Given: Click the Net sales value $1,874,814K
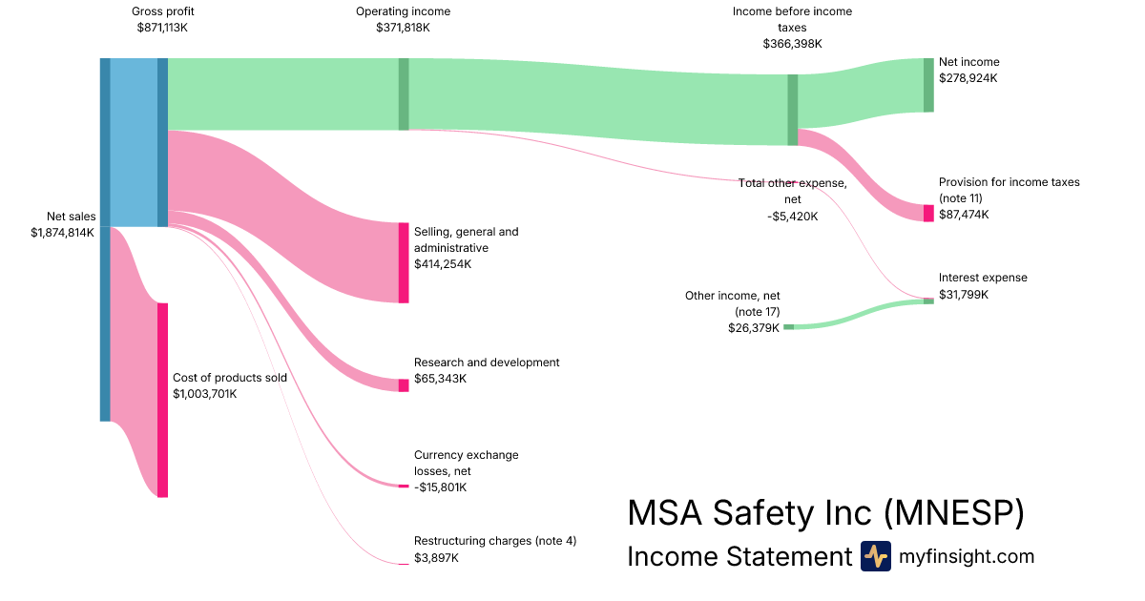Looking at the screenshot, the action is [x=62, y=232].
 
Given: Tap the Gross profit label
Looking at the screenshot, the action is [x=162, y=11].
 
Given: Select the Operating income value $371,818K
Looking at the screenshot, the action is [x=403, y=28].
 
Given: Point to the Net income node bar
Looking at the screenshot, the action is [x=928, y=85].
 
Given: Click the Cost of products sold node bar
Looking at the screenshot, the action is [x=162, y=400].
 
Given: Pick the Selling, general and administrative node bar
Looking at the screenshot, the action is [x=404, y=262].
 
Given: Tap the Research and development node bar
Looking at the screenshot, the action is [x=404, y=385].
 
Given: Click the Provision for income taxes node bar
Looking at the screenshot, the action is [x=928, y=213].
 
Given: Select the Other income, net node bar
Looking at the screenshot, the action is [x=788, y=327].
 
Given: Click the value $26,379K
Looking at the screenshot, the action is [x=754, y=327].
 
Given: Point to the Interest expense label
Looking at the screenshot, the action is [x=983, y=278].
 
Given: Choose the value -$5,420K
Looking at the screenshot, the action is [x=792, y=217].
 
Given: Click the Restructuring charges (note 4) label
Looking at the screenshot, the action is [x=494, y=541].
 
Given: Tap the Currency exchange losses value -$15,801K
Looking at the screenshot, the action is [x=441, y=487].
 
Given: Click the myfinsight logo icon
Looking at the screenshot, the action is [x=875, y=556].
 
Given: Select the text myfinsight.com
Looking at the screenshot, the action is [x=967, y=556].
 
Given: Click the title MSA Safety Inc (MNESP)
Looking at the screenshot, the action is [x=825, y=513].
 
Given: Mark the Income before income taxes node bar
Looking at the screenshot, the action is [x=792, y=110].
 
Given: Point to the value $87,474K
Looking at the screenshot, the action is [x=964, y=215].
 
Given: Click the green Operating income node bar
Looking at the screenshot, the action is [x=404, y=93].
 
